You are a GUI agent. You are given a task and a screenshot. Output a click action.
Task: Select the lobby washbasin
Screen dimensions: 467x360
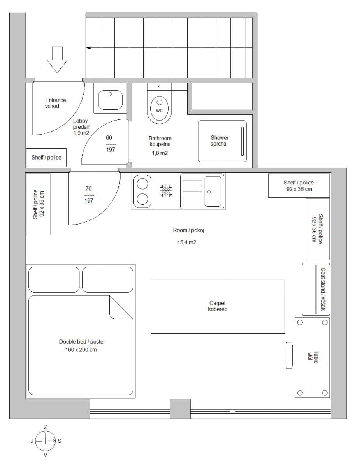click(110, 100)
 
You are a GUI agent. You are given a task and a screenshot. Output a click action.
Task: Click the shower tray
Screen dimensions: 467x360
click(222, 141)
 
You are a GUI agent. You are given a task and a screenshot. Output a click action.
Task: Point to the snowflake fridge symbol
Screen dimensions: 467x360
click(166, 191)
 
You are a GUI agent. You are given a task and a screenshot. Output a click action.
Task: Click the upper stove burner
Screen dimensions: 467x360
click(142, 183)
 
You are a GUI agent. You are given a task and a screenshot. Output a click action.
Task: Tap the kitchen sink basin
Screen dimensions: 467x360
click(212, 191)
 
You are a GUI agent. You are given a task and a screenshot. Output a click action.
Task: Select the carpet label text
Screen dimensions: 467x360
click(218, 306)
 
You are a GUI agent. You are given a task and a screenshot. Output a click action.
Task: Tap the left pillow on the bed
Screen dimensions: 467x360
click(54, 279)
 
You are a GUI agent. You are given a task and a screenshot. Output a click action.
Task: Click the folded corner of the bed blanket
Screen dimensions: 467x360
click(121, 307)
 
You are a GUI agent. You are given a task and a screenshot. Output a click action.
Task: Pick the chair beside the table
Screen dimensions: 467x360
click(289, 355)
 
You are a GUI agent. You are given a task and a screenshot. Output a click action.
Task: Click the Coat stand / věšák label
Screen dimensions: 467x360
click(323, 289)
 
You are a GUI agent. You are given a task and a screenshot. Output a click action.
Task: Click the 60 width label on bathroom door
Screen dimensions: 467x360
click(109, 137)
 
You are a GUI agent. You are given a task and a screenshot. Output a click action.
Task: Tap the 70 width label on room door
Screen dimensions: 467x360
click(88, 189)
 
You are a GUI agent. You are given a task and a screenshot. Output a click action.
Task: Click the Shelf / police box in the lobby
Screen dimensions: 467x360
click(46, 158)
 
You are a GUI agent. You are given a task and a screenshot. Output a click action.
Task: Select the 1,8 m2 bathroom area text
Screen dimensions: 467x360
click(160, 153)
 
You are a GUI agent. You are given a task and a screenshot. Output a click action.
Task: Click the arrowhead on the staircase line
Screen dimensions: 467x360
click(89, 48)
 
